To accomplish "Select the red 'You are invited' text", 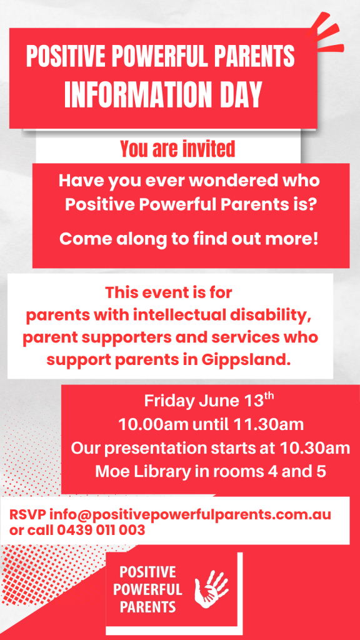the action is pos(178,149).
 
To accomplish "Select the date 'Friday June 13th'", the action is pos(208,401).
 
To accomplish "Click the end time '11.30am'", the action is pos(269,425).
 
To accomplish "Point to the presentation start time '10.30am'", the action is pos(315,448).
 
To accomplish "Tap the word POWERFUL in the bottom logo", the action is pos(147,589).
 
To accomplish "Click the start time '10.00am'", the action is pos(154,425).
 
